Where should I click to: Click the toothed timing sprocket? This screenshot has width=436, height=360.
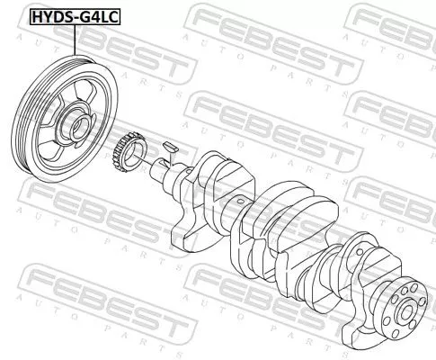pos(127,152)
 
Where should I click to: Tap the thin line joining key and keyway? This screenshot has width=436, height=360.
pos(169,153)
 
